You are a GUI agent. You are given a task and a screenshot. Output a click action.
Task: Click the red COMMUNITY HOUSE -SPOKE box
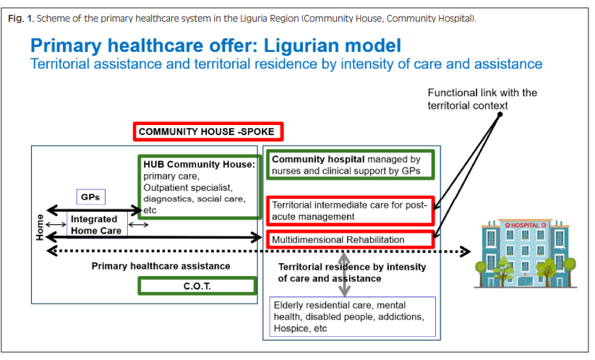[208, 132]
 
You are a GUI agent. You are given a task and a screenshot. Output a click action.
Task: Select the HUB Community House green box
[200, 186]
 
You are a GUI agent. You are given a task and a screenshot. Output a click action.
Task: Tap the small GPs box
[91, 197]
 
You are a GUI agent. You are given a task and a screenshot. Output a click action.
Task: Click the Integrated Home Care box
[97, 224]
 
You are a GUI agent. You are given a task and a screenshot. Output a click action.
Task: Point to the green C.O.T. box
[197, 286]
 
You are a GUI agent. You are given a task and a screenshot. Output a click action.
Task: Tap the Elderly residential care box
[353, 317]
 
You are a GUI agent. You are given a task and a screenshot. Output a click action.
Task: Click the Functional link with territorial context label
[482, 99]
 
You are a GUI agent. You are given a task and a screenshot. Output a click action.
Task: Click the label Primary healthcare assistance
[160, 266]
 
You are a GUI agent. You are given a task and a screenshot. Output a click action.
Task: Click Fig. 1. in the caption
[22, 17]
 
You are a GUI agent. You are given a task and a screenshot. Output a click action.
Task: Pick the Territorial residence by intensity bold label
[352, 272]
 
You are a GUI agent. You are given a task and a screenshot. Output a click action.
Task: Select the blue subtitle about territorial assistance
[286, 64]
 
